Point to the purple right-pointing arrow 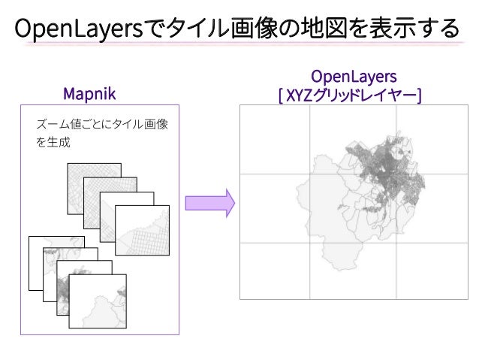point(209,203)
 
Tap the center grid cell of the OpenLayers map point(353,208)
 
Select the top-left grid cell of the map point(275,140)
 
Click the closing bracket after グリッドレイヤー point(418,95)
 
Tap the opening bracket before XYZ point(280,95)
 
